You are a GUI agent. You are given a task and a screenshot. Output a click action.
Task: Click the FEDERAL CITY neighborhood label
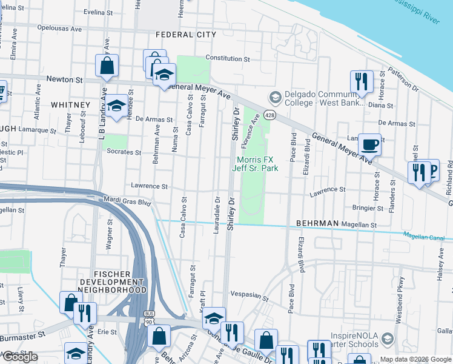click(x=185, y=35)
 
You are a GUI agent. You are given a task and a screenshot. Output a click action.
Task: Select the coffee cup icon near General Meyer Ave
click(x=369, y=145)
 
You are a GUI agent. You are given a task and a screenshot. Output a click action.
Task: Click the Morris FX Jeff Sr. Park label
click(x=256, y=164)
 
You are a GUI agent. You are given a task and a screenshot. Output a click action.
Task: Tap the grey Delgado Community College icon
click(x=275, y=97)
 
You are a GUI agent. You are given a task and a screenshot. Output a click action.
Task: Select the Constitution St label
click(x=228, y=59)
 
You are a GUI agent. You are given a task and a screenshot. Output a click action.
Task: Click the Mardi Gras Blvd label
click(x=127, y=202)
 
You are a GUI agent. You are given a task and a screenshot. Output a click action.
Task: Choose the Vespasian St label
click(x=249, y=297)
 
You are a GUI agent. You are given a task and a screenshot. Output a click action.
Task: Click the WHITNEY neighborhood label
click(x=70, y=105)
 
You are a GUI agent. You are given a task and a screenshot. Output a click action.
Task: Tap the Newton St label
click(x=65, y=79)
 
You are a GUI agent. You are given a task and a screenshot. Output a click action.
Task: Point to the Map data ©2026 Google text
click(x=415, y=359)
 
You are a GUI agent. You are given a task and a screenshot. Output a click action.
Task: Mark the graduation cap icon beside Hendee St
click(x=118, y=106)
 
